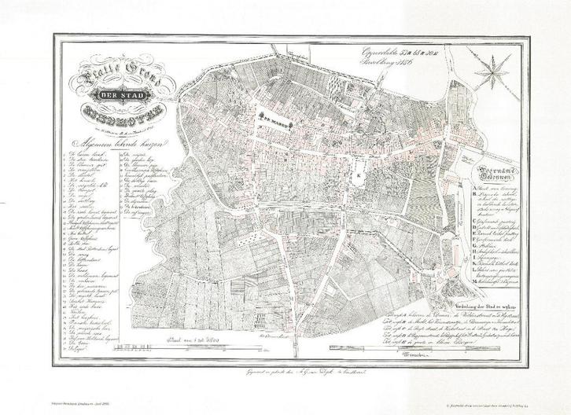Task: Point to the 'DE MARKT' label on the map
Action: coord(278,122)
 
